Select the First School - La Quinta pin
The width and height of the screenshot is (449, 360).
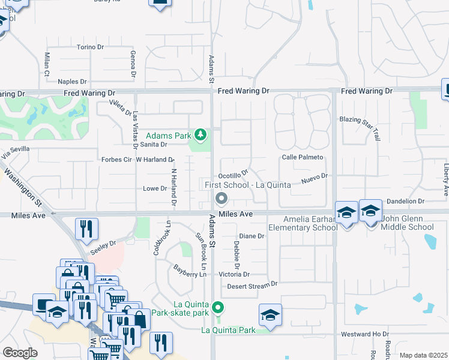(221, 198)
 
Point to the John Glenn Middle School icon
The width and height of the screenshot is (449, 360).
(370, 211)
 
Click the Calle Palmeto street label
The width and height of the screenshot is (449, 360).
(303, 157)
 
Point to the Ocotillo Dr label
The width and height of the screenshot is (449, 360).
(233, 175)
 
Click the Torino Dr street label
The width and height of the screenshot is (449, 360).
(91, 47)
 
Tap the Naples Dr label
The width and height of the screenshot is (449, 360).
(73, 82)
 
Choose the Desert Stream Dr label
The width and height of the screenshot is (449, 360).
(253, 286)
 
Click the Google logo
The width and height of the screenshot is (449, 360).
(20, 353)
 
